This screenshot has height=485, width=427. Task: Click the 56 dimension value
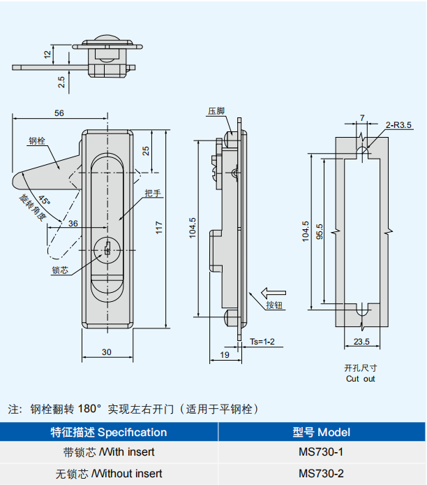click(x=59, y=113)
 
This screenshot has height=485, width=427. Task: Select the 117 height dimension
click(x=159, y=228)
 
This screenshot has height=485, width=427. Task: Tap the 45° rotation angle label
click(x=45, y=200)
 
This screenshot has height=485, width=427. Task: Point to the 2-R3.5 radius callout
click(x=398, y=125)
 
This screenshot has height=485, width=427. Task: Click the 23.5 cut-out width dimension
click(x=361, y=342)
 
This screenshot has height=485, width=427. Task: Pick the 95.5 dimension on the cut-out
click(x=320, y=231)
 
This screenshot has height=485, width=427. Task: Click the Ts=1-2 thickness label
click(x=262, y=342)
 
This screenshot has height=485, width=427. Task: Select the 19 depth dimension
click(x=225, y=355)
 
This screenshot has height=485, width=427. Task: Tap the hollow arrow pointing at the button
click(x=274, y=293)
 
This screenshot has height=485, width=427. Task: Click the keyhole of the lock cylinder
click(x=107, y=248)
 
